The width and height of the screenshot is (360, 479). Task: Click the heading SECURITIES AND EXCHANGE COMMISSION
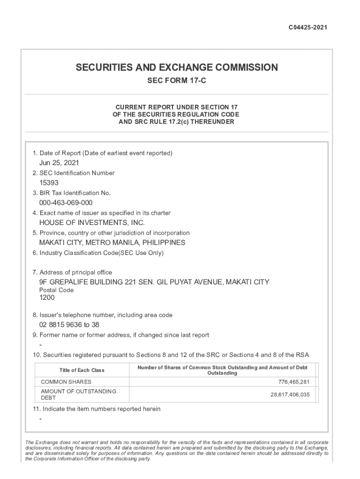177,67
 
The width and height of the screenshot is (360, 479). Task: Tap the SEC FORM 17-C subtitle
177,81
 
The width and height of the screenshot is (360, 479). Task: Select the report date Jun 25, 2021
59,163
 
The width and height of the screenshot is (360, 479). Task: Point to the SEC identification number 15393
49,183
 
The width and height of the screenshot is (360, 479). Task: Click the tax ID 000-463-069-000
66,203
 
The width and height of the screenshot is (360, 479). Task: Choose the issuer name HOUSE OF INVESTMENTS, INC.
92,223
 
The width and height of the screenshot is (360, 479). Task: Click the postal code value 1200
47,298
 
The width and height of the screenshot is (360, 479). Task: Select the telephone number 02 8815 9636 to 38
69,325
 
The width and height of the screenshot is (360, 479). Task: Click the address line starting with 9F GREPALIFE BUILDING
154,282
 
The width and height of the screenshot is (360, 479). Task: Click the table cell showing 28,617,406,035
290,394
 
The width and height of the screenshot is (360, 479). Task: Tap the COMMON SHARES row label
66,382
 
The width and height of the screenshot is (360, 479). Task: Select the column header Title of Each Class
82,370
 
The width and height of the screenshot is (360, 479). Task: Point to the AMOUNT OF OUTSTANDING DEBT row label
79,394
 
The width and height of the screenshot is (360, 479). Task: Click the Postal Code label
56,290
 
